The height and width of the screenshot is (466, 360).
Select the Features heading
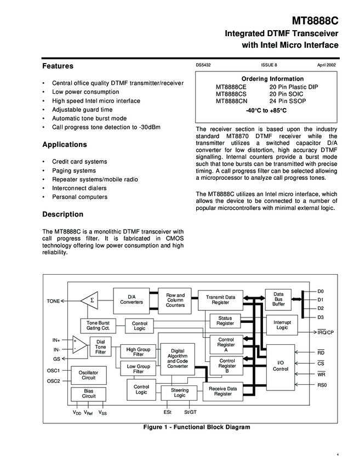[58, 66]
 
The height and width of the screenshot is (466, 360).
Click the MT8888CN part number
[231, 101]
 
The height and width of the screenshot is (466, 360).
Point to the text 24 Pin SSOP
[288, 101]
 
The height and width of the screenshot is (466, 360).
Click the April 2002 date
[326, 65]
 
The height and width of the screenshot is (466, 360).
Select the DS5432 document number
[203, 65]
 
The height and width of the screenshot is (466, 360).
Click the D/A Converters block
[132, 299]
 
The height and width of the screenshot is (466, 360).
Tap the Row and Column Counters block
[175, 300]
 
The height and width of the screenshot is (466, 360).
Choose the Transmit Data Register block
[220, 299]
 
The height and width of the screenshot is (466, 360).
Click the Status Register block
[225, 321]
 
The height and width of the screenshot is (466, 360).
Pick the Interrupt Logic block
[282, 325]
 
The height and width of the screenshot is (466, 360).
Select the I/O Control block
[280, 366]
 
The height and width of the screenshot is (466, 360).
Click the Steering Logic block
[179, 393]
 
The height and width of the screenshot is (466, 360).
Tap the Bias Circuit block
[89, 393]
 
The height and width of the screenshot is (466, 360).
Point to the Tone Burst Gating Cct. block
[98, 325]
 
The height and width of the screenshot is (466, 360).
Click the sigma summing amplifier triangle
[90, 300]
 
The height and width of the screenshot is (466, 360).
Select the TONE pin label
[53, 301]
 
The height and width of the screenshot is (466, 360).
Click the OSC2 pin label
[53, 380]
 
